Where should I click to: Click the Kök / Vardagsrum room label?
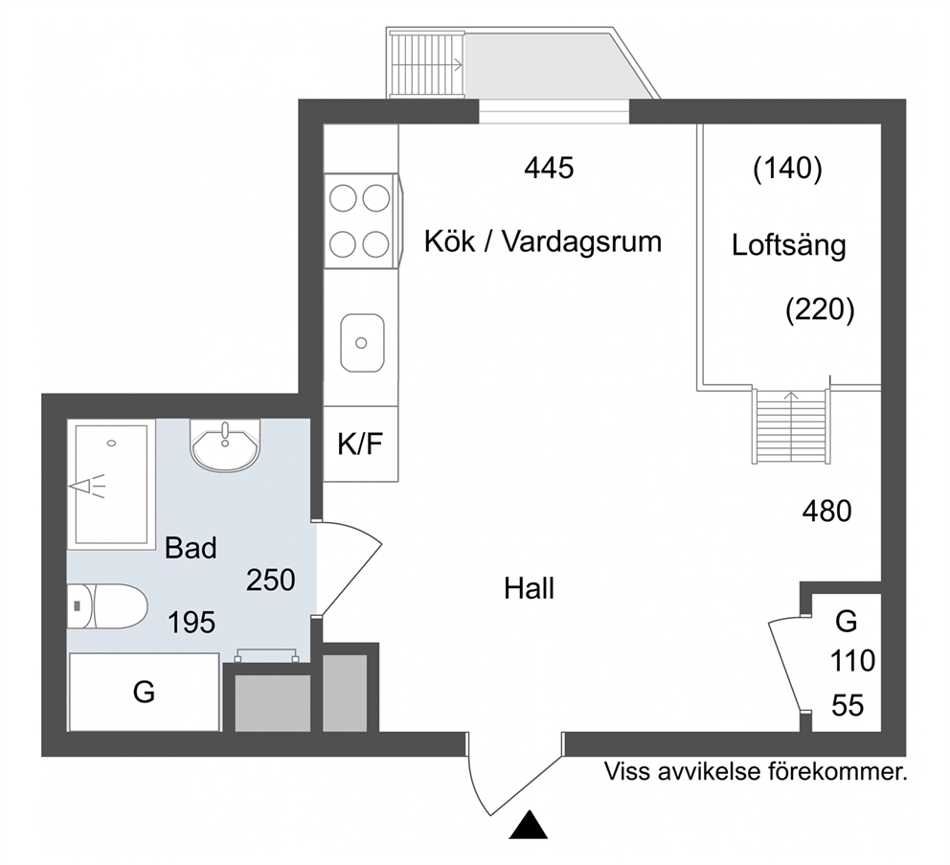click(x=542, y=241)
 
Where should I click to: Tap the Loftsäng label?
click(x=788, y=245)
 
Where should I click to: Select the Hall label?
click(x=529, y=588)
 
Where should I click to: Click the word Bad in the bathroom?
click(x=191, y=548)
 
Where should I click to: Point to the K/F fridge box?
click(x=360, y=444)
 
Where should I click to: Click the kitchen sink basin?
click(x=362, y=343)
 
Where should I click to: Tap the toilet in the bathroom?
click(x=107, y=606)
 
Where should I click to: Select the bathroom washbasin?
click(x=225, y=445)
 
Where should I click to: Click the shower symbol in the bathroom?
click(x=88, y=486)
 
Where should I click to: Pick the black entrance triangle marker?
click(x=529, y=825)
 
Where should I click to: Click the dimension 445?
click(x=549, y=168)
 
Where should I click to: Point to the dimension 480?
click(x=826, y=511)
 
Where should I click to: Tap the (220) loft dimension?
click(x=820, y=309)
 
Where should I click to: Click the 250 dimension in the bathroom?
click(x=270, y=580)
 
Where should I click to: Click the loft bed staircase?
click(x=790, y=426)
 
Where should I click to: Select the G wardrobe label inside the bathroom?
click(x=144, y=692)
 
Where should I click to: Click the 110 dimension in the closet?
click(x=852, y=661)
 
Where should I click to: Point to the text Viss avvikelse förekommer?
click(x=756, y=772)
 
